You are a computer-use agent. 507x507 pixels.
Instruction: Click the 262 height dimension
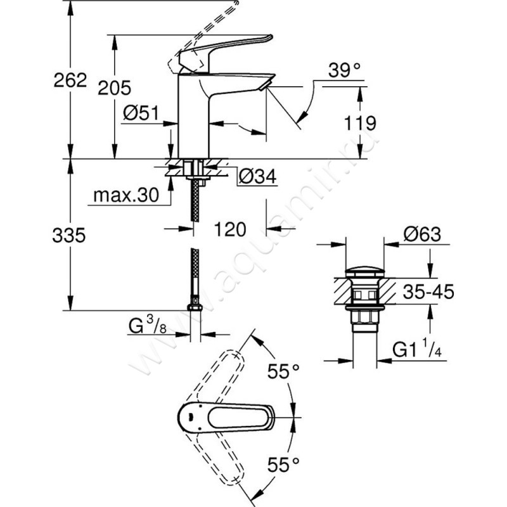70,81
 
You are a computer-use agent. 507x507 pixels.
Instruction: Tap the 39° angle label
344,71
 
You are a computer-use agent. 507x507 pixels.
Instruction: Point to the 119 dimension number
361,122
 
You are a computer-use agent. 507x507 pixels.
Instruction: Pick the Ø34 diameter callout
259,178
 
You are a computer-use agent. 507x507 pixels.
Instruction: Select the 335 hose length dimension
69,236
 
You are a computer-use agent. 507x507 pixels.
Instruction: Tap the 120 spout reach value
229,229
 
